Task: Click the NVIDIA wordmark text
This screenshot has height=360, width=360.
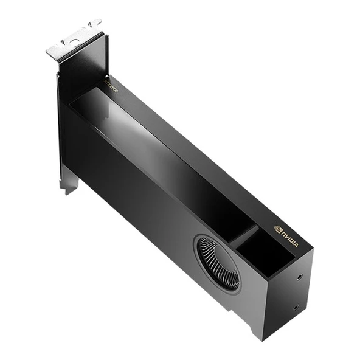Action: [289, 238]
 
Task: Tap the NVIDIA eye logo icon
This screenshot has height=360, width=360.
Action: [278, 230]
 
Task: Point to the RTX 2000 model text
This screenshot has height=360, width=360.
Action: [111, 88]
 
